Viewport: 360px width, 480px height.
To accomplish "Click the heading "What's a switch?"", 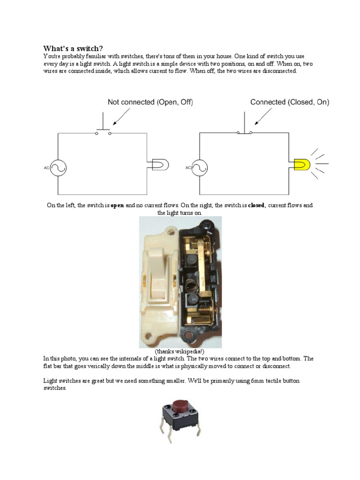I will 74,49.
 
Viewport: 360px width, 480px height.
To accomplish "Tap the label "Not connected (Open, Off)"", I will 150,102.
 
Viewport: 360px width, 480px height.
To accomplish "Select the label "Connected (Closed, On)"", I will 290,102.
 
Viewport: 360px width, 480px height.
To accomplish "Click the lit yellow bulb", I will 302,164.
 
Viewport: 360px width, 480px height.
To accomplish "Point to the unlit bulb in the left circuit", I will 160,164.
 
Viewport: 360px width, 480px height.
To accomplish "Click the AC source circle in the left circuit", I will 58,168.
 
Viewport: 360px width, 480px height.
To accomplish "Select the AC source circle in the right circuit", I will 200,168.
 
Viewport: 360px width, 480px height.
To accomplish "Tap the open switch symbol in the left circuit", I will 103,132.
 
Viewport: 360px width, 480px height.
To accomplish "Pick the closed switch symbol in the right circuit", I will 245,132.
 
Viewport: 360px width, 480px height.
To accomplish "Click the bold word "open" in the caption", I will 117,206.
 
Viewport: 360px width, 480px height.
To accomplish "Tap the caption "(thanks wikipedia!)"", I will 180,352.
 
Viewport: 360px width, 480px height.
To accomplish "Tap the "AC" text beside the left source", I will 46,168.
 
